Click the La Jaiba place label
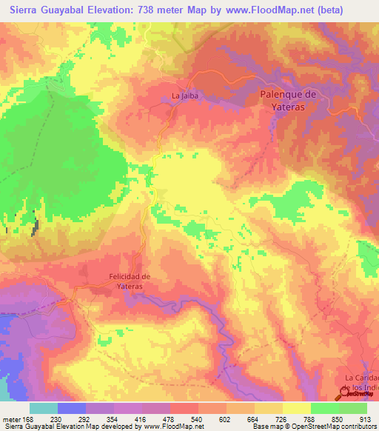(x=184, y=96)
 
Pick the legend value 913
(x=364, y=419)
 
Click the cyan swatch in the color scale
(x=44, y=408)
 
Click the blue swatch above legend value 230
(x=72, y=408)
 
